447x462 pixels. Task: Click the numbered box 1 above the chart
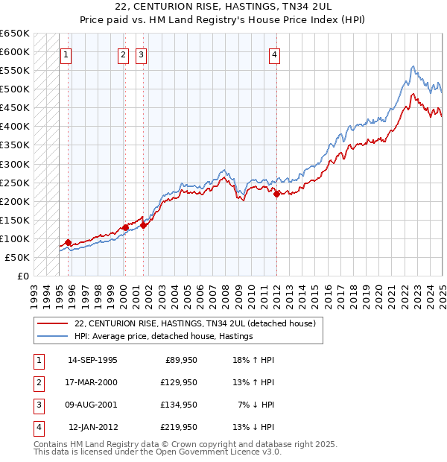pos(66,54)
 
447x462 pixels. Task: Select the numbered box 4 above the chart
pos(275,54)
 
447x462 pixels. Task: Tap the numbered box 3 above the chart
pos(141,54)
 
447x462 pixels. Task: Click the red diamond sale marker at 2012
pos(276,194)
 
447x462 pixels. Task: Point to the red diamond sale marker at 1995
pos(68,242)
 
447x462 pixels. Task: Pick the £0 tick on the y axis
pos(24,276)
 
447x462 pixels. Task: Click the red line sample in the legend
pos(52,323)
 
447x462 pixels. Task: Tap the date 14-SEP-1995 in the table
pos(92,360)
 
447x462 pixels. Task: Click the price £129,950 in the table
pos(179,382)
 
